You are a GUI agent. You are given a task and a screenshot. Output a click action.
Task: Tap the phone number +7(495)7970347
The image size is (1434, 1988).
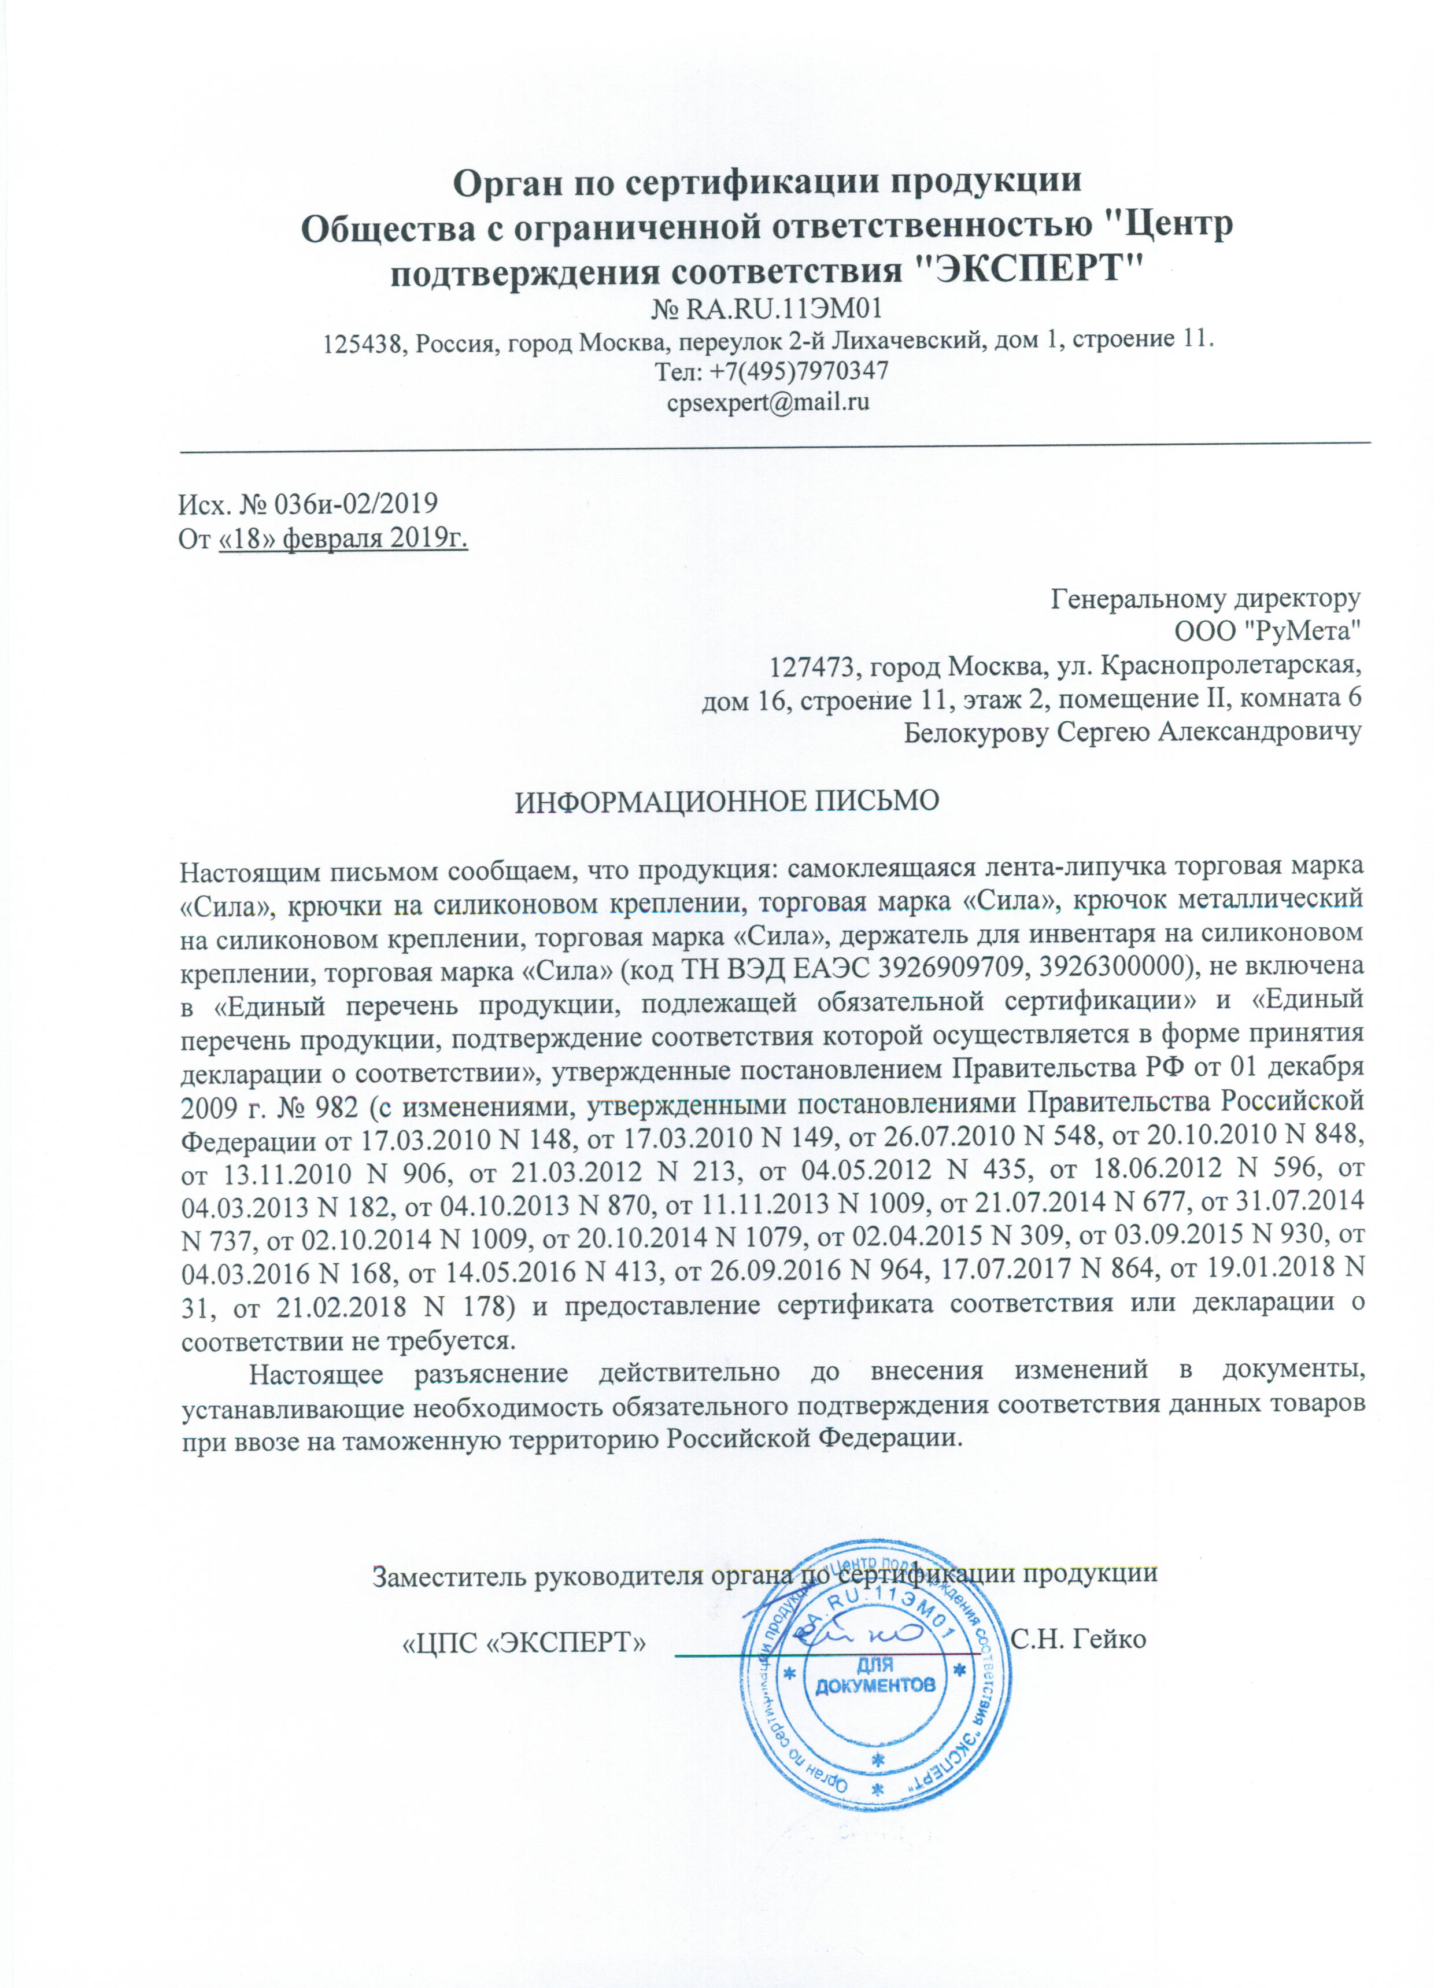(x=771, y=371)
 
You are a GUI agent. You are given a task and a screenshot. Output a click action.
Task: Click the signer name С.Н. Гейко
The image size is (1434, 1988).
(x=1078, y=1638)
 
